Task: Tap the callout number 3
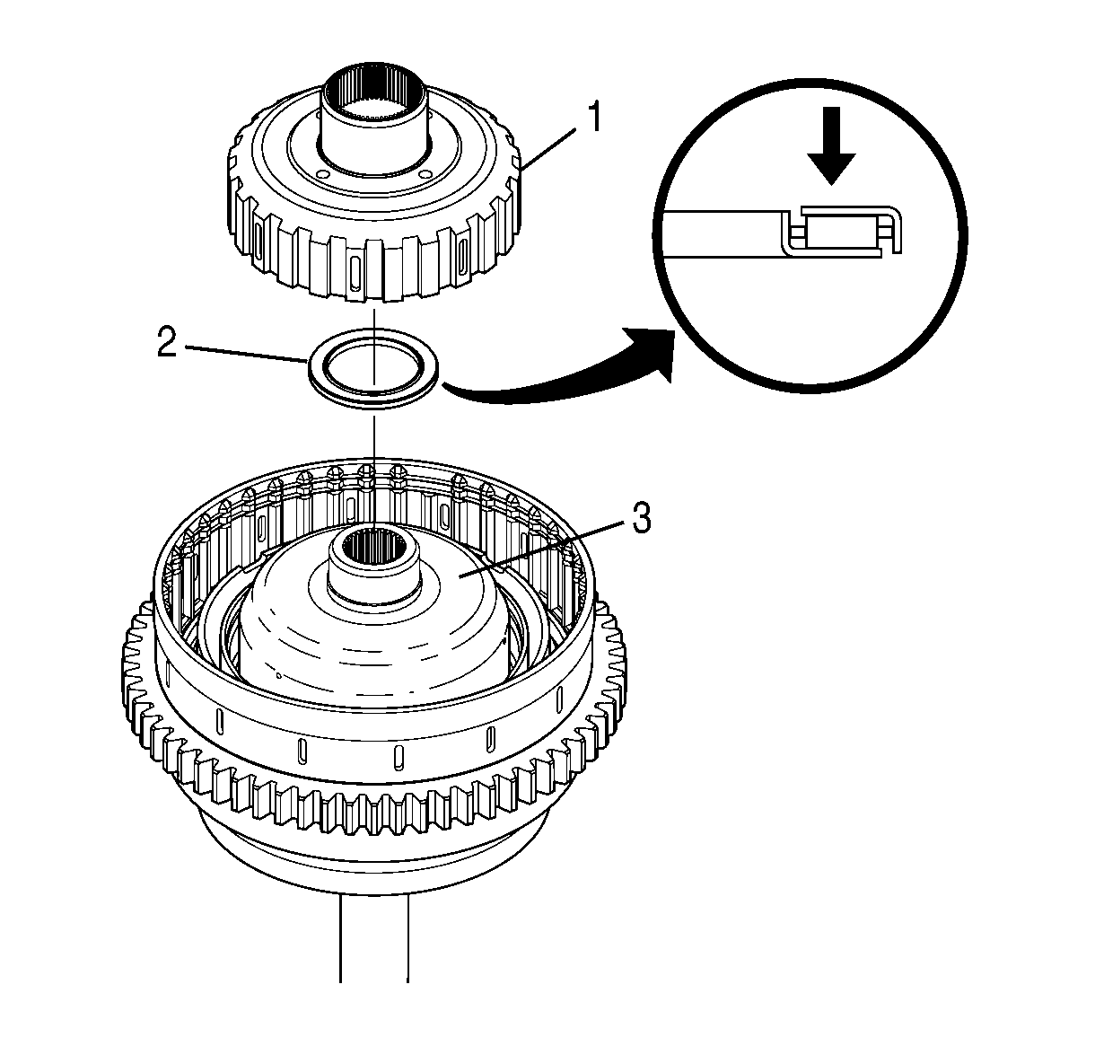[x=641, y=518]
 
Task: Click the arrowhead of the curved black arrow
[x=653, y=354]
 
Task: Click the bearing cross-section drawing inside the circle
[x=782, y=231]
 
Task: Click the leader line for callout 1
[x=548, y=148]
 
